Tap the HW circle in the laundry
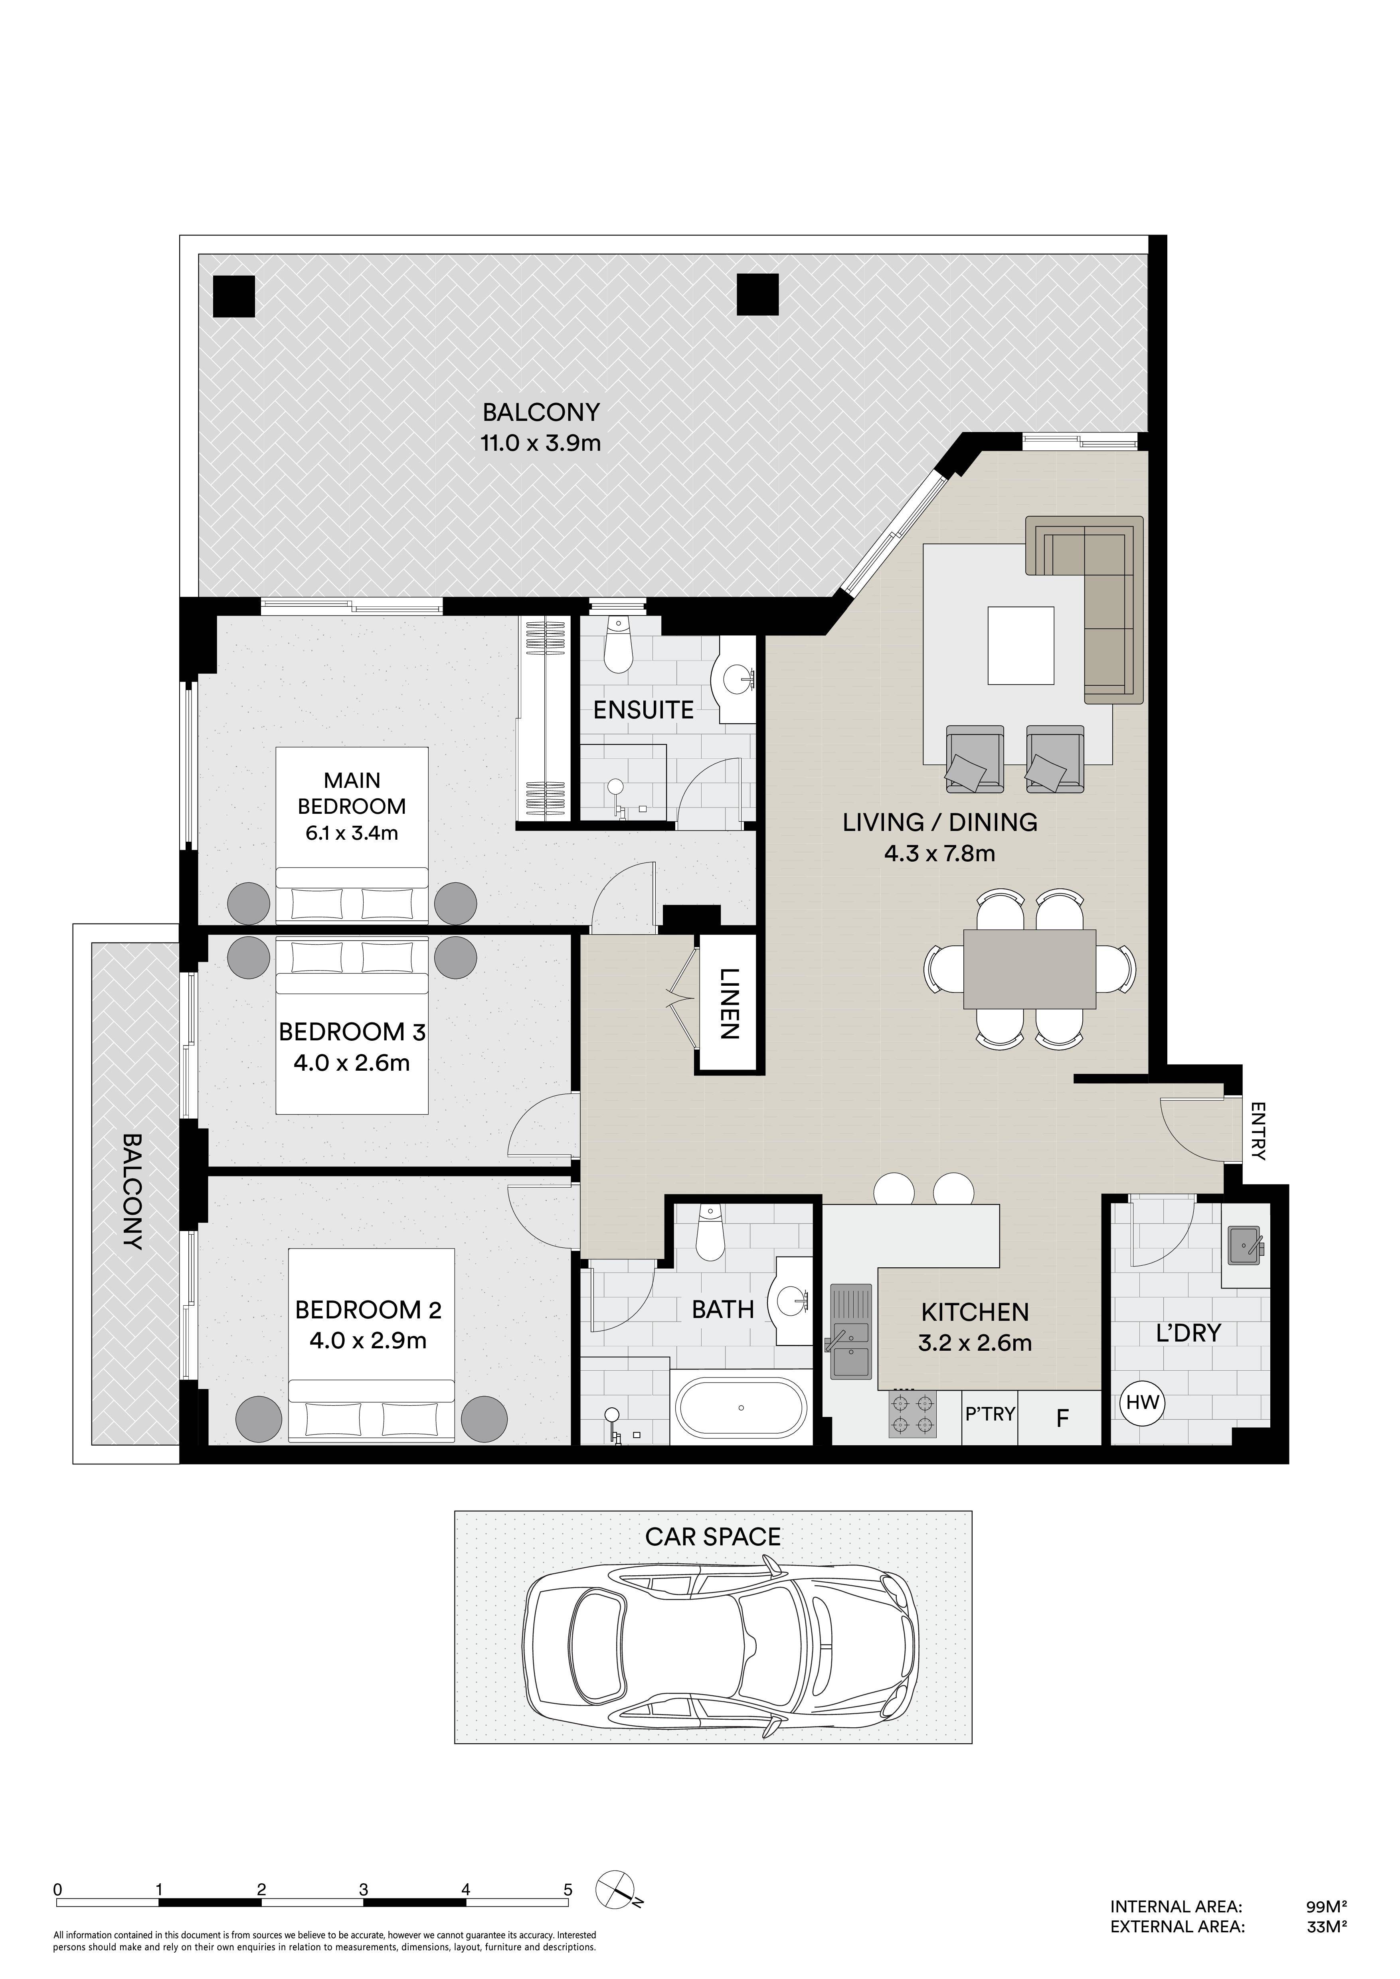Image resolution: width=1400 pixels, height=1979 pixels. click(1142, 1402)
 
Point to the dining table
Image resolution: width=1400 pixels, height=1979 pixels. click(1029, 969)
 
